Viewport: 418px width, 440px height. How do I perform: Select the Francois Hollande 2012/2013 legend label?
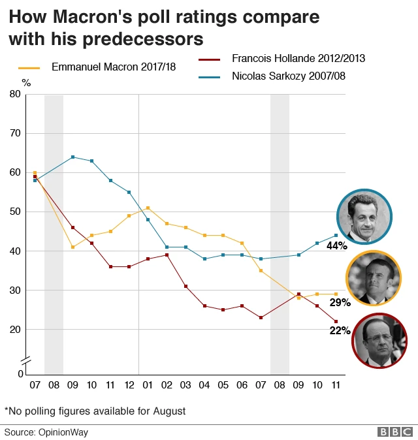pyautogui.click(x=298, y=59)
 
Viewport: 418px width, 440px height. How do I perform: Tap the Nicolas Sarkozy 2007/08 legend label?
pyautogui.click(x=288, y=76)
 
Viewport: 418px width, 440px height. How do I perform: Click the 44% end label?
pyautogui.click(x=337, y=246)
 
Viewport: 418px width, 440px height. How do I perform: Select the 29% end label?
pyautogui.click(x=340, y=303)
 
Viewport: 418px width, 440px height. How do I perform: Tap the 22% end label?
pyautogui.click(x=340, y=331)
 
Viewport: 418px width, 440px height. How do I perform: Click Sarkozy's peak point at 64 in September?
pyautogui.click(x=72, y=157)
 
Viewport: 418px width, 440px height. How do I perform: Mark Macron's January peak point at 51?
pyautogui.click(x=148, y=208)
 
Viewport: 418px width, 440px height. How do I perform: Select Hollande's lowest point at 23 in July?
pyautogui.click(x=261, y=318)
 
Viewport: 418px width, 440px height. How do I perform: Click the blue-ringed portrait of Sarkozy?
pyautogui.click(x=364, y=216)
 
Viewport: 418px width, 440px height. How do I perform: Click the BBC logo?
pyautogui.click(x=394, y=432)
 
